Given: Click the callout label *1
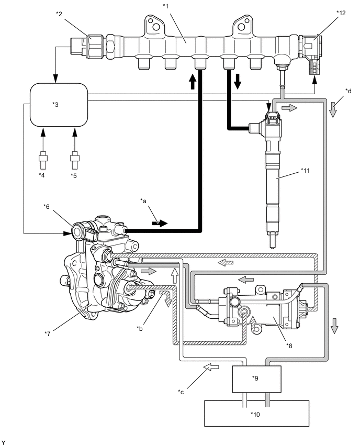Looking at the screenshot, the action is click(165, 6).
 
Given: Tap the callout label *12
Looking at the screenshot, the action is click(341, 13).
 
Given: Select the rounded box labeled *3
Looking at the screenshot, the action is click(59, 104).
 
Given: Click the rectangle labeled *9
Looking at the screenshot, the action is click(257, 379).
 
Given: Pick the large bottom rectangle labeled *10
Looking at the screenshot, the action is click(257, 414).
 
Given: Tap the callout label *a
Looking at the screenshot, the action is click(143, 201).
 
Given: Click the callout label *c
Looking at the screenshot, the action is click(181, 392).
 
